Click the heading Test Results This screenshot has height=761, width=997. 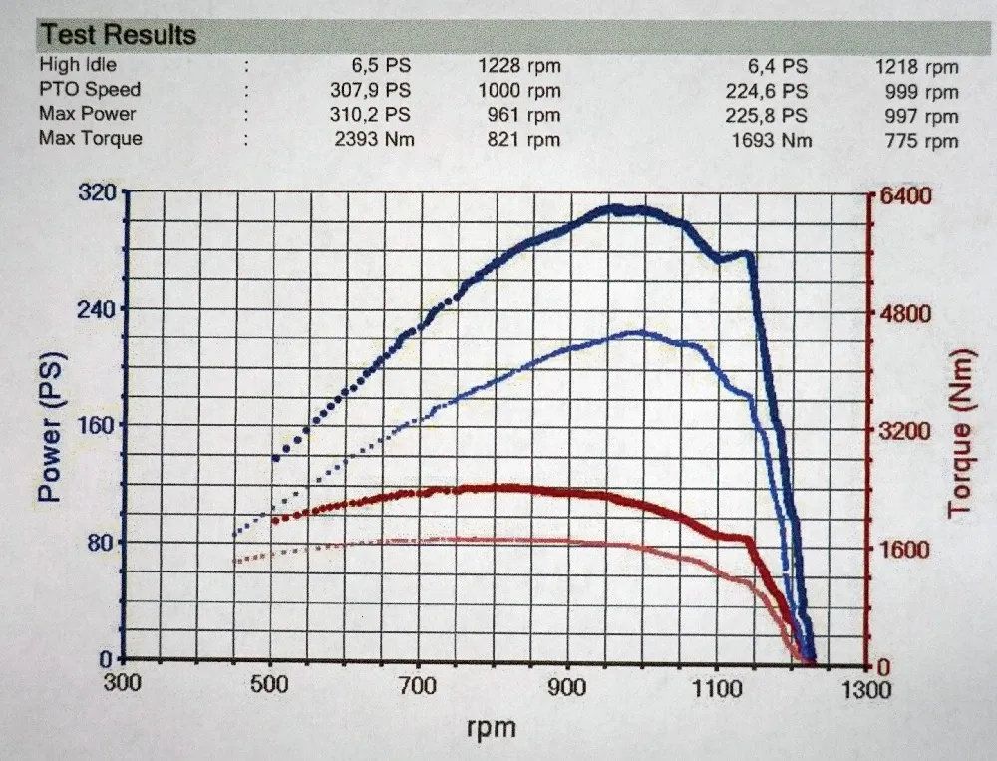[118, 36]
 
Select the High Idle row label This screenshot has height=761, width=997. [78, 66]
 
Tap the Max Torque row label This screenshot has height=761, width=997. [91, 139]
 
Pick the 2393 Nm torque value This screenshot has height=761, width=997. [374, 140]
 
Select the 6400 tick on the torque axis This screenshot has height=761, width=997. [904, 195]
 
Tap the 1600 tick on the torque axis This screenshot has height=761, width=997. [904, 549]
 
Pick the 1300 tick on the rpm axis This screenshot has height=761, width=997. [863, 689]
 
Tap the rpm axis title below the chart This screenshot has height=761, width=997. [492, 728]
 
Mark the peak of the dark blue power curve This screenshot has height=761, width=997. [618, 208]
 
